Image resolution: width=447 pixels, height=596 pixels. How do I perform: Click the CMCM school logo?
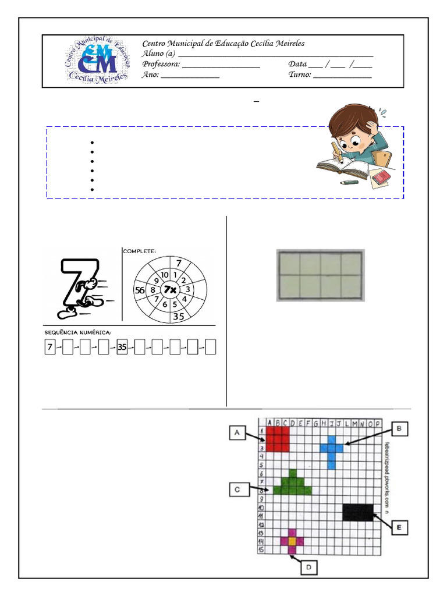coord(97,61)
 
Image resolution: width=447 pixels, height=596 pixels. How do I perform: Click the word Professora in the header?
coord(161,64)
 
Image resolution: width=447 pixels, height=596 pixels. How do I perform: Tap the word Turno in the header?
coord(300,74)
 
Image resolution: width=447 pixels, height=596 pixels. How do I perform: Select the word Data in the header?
coord(297,64)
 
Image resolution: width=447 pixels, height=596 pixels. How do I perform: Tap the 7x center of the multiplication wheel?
coord(170,289)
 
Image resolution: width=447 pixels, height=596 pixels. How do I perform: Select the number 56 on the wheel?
coord(140,289)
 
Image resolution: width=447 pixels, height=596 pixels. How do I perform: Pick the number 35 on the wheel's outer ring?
coord(179,317)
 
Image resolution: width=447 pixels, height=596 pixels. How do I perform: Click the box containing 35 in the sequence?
coord(122,347)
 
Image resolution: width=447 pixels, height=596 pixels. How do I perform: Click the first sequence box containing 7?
coord(50,347)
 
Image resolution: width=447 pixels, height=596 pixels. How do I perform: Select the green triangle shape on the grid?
coord(292,484)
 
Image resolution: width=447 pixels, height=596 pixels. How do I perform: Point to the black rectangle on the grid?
coord(358,512)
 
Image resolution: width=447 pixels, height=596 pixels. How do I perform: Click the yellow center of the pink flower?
coord(292,541)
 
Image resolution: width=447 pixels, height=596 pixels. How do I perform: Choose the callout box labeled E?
coord(399,528)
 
